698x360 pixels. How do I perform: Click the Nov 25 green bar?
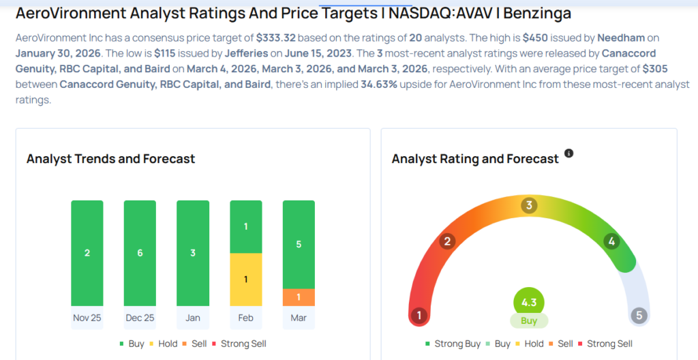(87, 253)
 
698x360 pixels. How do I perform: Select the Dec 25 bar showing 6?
(140, 253)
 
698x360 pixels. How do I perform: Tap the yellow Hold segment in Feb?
(246, 280)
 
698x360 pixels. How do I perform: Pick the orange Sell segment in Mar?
(299, 297)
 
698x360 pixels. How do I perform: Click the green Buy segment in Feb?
(246, 226)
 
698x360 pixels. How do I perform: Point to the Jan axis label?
(193, 318)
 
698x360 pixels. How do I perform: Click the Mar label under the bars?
(299, 318)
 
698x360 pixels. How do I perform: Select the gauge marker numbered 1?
(419, 316)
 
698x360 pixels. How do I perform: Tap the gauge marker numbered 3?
(529, 206)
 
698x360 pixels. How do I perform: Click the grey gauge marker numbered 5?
(639, 315)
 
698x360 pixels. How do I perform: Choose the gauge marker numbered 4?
(611, 241)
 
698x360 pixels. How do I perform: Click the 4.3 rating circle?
(529, 303)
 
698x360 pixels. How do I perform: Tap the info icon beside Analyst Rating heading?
(569, 153)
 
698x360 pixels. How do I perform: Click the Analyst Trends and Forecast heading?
(110, 159)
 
